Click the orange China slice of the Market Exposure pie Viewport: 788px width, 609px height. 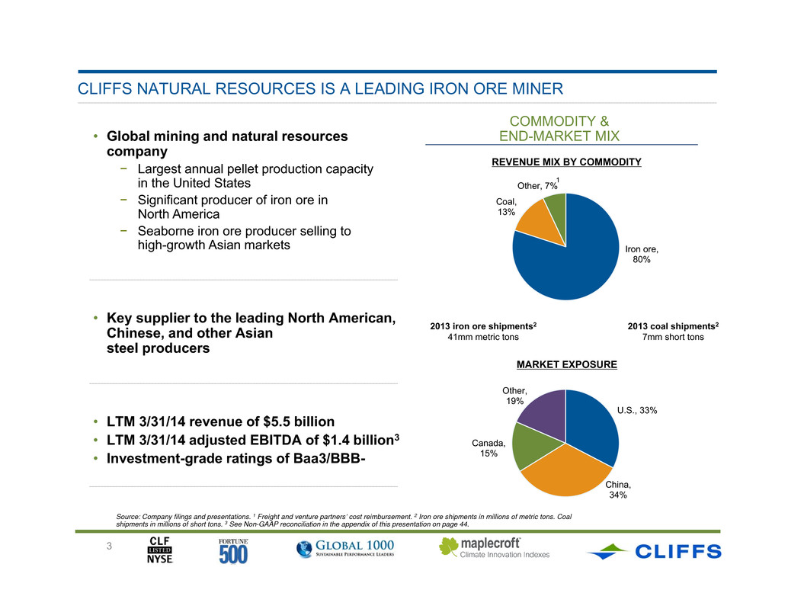tap(565, 473)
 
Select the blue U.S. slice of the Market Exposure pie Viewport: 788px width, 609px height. tap(593, 425)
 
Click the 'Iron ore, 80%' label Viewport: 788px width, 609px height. tap(642, 255)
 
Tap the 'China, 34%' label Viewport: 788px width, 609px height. tap(618, 490)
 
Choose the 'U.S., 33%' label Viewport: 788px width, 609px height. tap(637, 411)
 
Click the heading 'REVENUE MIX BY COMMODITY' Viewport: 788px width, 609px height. tap(566, 162)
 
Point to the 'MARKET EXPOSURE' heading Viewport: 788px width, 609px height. tap(567, 365)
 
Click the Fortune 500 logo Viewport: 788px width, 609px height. tap(233, 551)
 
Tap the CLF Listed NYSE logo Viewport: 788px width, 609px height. tap(160, 550)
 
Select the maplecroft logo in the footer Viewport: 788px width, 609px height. tap(495, 548)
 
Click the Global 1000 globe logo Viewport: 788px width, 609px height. tap(345, 548)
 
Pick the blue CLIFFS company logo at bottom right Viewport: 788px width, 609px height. tap(654, 551)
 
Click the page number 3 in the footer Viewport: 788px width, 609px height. tap(109, 546)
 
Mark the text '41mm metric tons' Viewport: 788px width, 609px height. tap(483, 337)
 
